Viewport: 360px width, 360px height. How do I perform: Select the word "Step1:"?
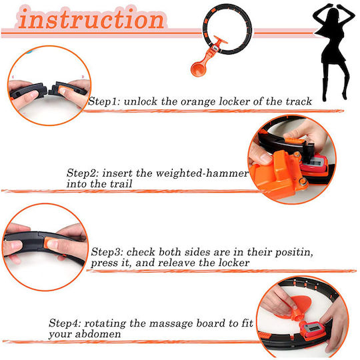tap(104, 101)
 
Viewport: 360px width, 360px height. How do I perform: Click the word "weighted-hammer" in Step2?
tap(202, 173)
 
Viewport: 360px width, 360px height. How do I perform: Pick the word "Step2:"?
tap(83, 173)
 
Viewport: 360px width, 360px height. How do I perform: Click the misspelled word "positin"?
tap(294, 252)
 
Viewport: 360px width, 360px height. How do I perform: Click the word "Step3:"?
tap(107, 252)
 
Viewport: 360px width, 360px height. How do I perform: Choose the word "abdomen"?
tap(98, 333)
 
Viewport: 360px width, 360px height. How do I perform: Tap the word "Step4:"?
tap(65, 323)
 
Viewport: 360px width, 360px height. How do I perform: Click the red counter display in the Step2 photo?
tap(314, 164)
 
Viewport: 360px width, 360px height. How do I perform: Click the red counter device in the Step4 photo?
tap(312, 329)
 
